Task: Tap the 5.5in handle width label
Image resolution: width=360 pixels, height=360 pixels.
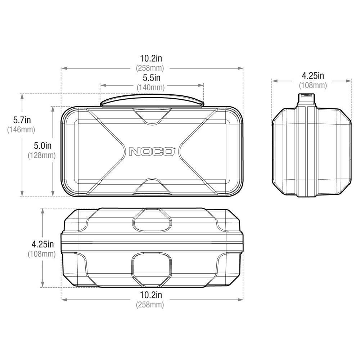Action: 152,78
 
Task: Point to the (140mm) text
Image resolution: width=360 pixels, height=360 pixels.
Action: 151,87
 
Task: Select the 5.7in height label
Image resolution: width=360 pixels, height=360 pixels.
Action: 22,120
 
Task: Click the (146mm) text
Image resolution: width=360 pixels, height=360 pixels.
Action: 21,130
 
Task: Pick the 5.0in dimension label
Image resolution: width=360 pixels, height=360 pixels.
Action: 43,145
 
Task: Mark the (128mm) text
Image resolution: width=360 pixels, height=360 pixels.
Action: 42,156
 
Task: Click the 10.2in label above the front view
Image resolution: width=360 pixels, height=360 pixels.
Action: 151,58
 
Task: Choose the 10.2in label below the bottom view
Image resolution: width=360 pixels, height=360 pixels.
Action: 151,295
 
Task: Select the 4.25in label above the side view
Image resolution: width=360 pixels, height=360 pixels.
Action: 313,75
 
